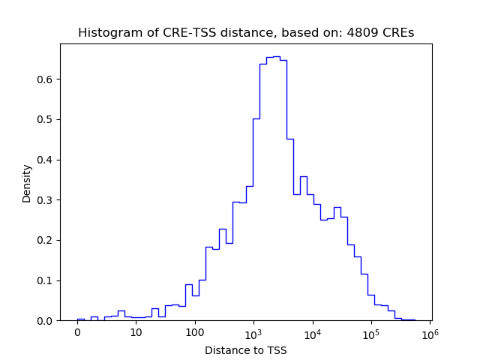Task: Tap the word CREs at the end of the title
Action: tap(397, 33)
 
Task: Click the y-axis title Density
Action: tap(27, 183)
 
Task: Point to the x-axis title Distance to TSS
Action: tap(246, 350)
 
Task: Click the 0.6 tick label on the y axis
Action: tap(44, 79)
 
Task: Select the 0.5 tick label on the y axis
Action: tap(44, 120)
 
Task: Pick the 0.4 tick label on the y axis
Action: tap(44, 160)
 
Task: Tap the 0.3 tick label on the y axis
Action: tap(44, 200)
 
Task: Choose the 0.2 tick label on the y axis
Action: tap(44, 241)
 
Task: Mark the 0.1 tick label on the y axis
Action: tap(44, 280)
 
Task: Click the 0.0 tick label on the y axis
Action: tap(44, 321)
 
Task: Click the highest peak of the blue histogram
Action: tap(276, 56)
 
